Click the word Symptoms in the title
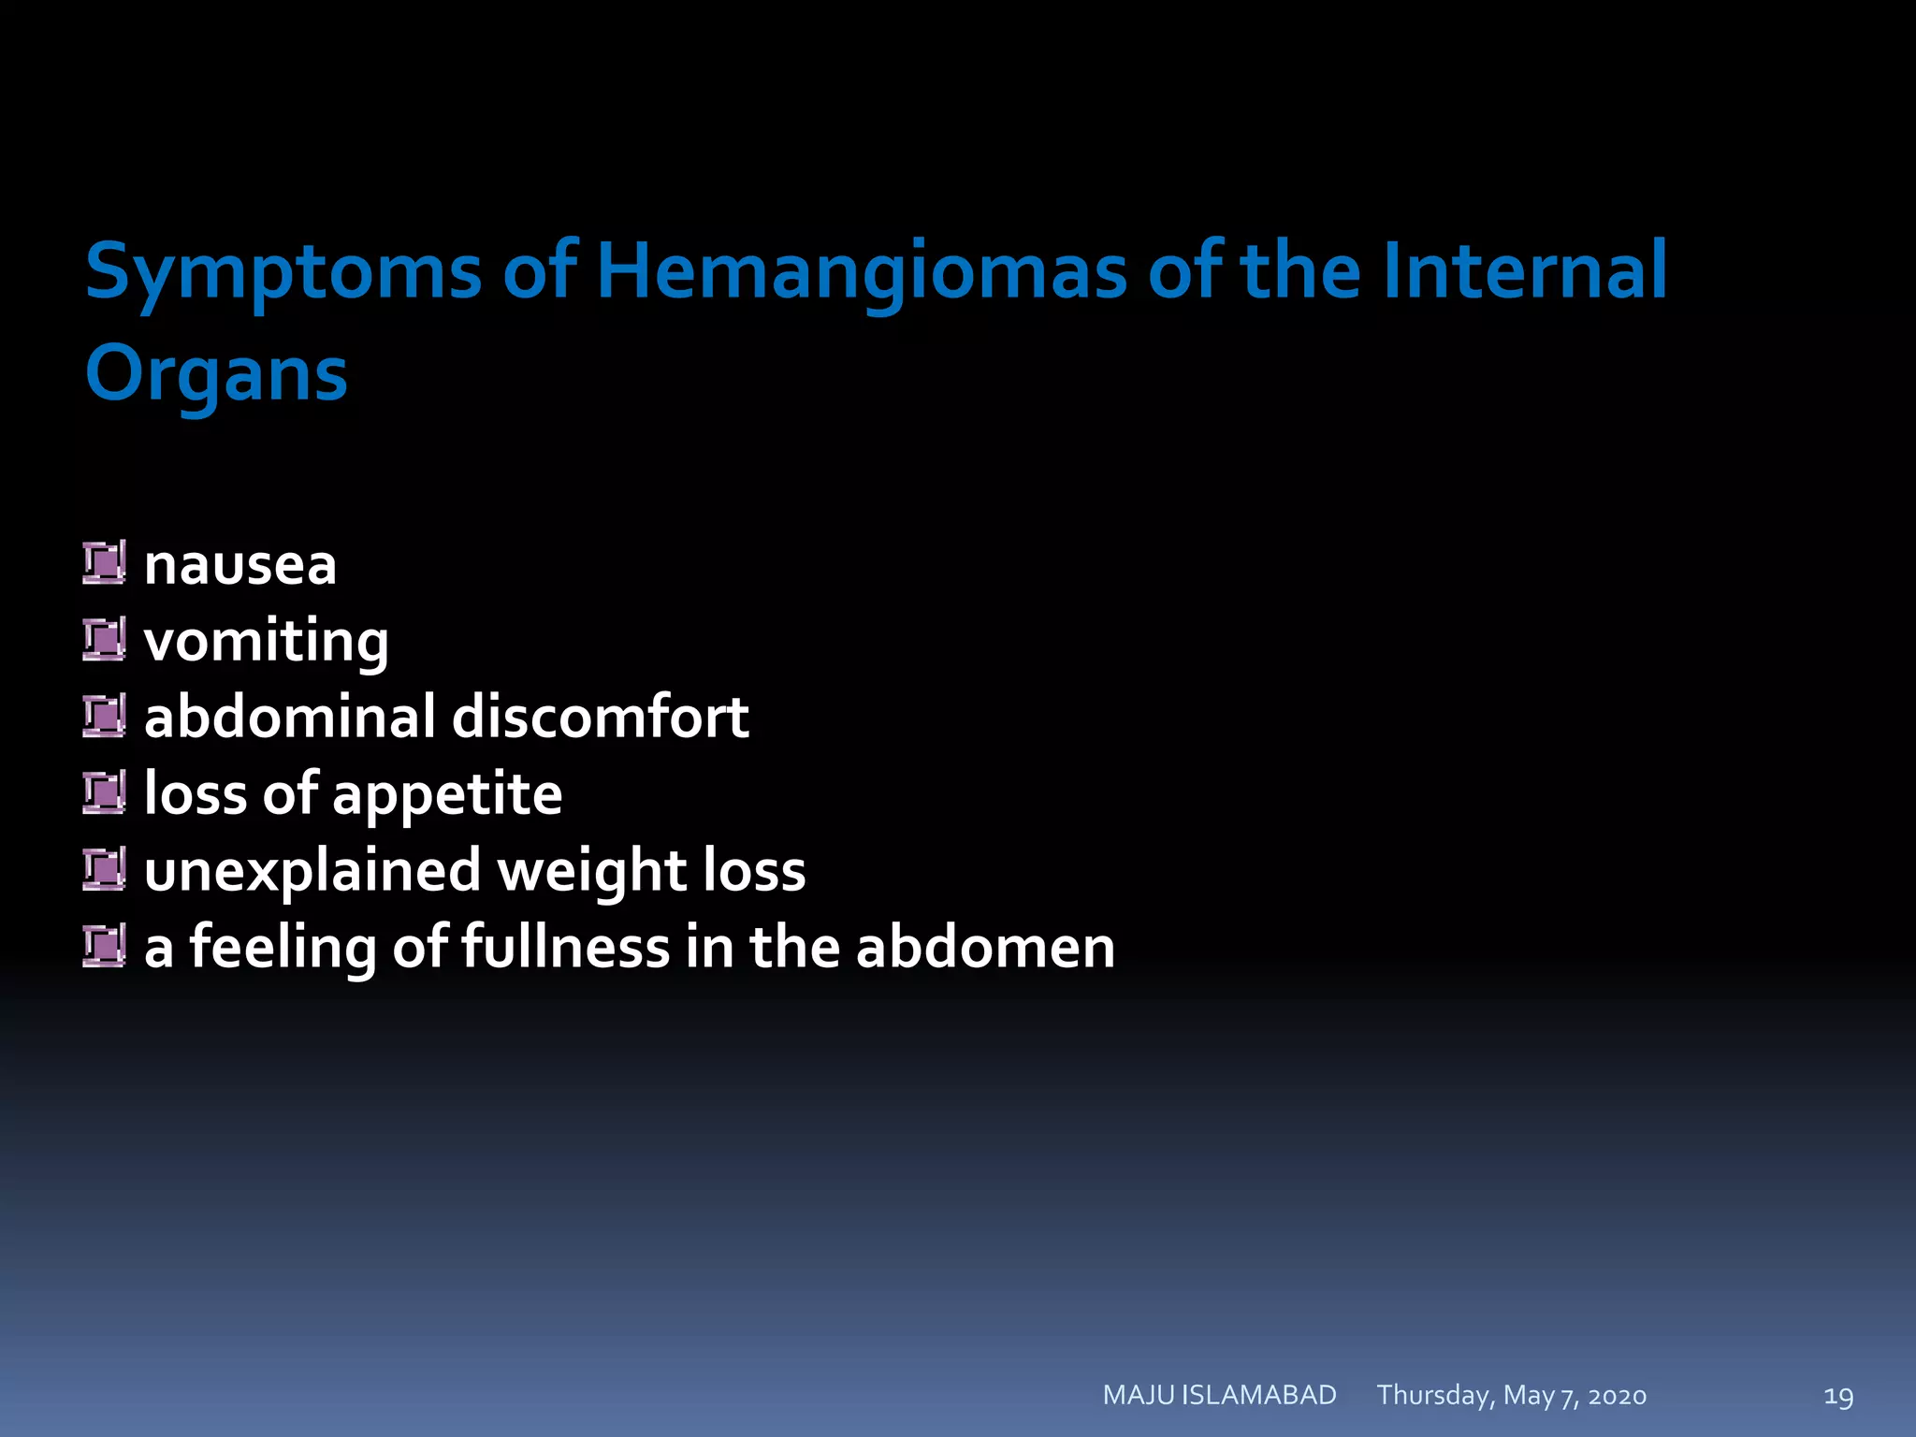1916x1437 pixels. (283, 272)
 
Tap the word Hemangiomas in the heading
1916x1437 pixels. (861, 272)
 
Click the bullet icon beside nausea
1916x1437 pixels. (104, 563)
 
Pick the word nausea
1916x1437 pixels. (240, 565)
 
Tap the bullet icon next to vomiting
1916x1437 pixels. (104, 640)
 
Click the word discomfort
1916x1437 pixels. (600, 718)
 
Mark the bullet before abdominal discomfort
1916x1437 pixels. (104, 717)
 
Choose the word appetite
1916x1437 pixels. (447, 796)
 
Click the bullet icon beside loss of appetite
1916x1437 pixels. (104, 793)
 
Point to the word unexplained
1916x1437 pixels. (312, 872)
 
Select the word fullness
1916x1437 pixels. (565, 947)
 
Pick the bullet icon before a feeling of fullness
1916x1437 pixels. (104, 946)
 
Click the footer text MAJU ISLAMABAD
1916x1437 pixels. (1219, 1395)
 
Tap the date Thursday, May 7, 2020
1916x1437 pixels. (1511, 1396)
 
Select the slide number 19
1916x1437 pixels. (1838, 1397)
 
